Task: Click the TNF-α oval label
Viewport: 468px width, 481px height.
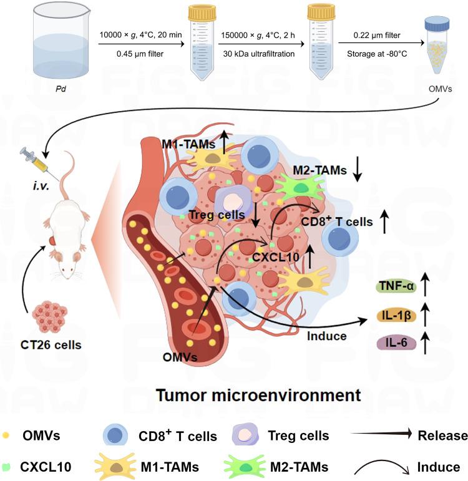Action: (x=393, y=287)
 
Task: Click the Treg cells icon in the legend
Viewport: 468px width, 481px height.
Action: (x=245, y=435)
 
